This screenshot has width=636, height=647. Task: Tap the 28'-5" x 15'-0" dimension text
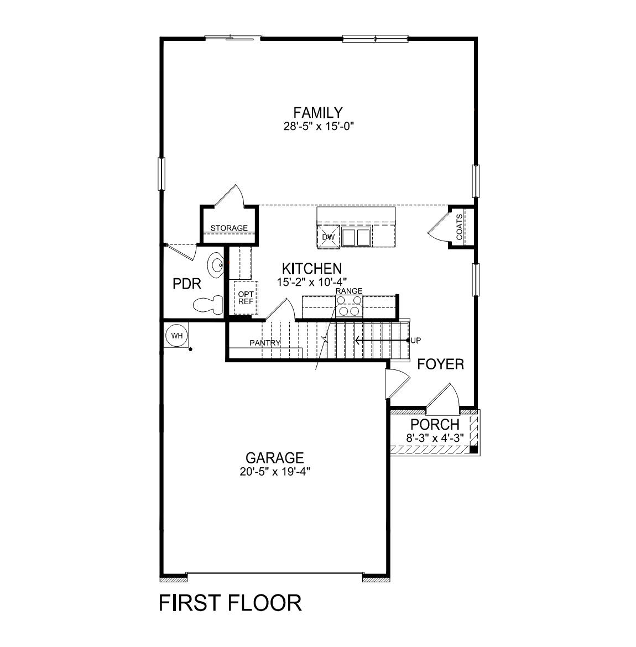[x=317, y=127]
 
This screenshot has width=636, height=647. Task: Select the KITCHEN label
[x=311, y=269]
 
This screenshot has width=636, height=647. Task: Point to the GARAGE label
[x=274, y=458]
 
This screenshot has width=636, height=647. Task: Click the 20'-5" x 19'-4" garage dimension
[x=274, y=472]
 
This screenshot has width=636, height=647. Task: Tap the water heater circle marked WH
[x=176, y=336]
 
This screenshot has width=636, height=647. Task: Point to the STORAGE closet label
[x=229, y=228]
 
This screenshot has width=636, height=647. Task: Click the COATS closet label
[x=460, y=227]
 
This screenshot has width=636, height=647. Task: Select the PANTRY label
[x=265, y=343]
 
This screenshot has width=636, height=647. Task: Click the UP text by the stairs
[x=416, y=340]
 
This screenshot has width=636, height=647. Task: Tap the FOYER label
[x=440, y=364]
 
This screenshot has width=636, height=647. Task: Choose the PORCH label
[x=435, y=425]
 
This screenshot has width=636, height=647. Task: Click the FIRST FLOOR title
[x=230, y=603]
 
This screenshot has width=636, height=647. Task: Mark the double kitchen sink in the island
[x=356, y=237]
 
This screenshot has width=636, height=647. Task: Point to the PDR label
[x=187, y=284]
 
